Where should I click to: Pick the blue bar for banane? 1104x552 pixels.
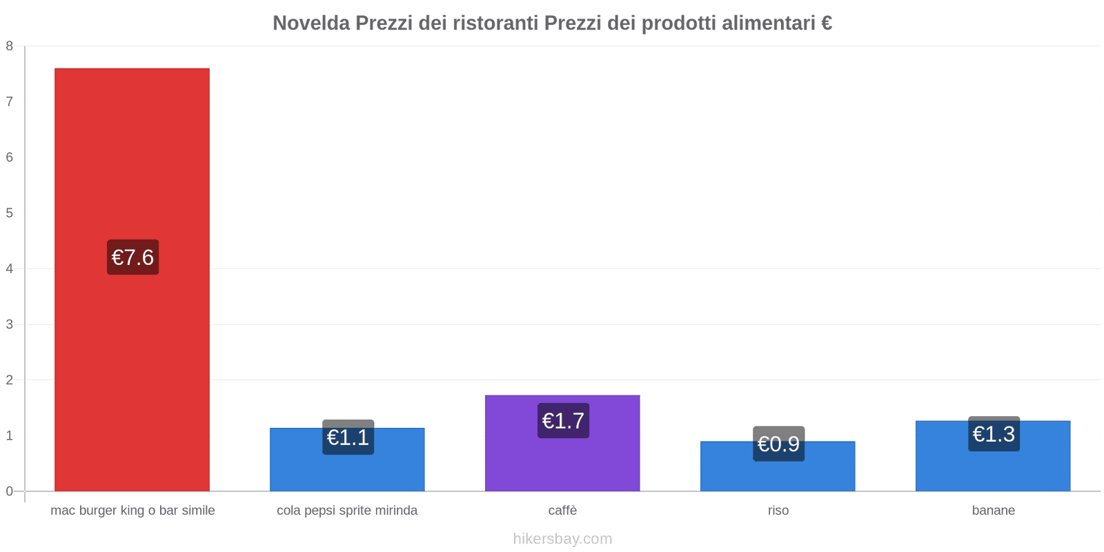(993, 469)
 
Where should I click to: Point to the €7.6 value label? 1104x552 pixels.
(132, 257)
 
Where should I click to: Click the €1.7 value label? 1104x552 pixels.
(563, 421)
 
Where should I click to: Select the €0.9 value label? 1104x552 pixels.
(778, 444)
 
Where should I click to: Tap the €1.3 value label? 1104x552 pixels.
(994, 434)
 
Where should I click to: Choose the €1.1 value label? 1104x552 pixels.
(348, 437)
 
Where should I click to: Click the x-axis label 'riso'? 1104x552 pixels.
(778, 511)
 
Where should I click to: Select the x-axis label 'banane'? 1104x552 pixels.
(993, 511)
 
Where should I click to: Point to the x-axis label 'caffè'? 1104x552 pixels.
(562, 511)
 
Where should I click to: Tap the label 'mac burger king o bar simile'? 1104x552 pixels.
(132, 511)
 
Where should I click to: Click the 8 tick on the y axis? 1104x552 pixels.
(10, 46)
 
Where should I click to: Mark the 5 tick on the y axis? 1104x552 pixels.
(10, 213)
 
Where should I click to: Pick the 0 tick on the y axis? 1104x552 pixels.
(10, 491)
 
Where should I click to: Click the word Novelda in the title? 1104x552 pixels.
(310, 23)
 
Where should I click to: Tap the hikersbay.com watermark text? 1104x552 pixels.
(562, 539)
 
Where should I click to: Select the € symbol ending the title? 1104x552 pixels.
(826, 23)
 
